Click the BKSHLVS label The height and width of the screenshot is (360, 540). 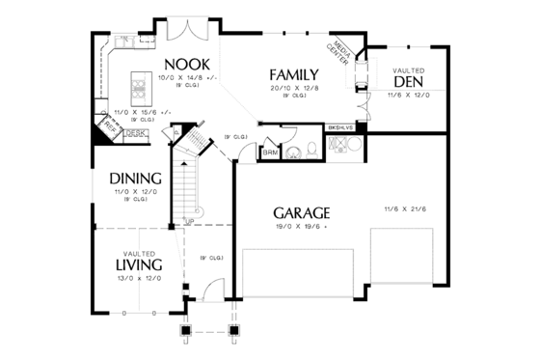(x=341, y=126)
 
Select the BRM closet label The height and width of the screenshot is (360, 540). (x=271, y=152)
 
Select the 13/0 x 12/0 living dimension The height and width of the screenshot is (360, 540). (x=135, y=278)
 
